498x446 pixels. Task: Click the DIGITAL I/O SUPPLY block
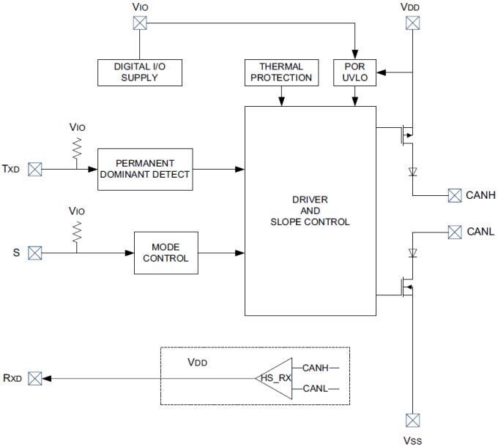(x=139, y=72)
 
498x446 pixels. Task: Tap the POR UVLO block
(x=354, y=72)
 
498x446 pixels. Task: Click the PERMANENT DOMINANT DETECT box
(x=145, y=169)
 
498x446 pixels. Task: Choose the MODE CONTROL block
(x=166, y=252)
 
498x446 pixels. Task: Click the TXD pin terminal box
(x=34, y=169)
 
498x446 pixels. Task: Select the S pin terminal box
(x=34, y=253)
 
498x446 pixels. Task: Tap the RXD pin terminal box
(x=34, y=378)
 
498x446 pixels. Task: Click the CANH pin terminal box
(x=455, y=195)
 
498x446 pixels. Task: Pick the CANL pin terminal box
(x=455, y=233)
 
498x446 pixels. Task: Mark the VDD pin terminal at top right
(x=413, y=23)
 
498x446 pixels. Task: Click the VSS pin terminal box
(x=413, y=420)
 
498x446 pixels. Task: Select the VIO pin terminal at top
(x=139, y=23)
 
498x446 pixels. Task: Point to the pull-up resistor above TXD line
(x=76, y=151)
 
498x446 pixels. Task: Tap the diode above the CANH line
(x=413, y=173)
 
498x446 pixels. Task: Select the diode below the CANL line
(x=413, y=254)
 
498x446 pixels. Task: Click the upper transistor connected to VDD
(x=405, y=135)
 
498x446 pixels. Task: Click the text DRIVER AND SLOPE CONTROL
(x=310, y=211)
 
